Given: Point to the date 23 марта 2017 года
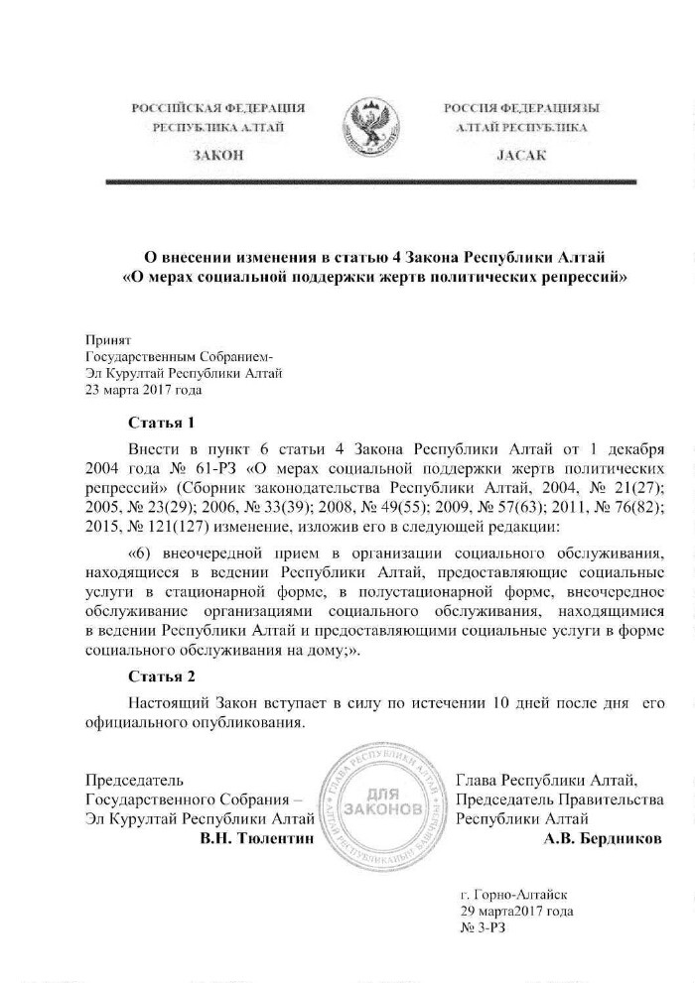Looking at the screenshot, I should pos(145,390).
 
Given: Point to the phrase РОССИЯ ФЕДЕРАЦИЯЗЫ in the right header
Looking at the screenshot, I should pos(520,107).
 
